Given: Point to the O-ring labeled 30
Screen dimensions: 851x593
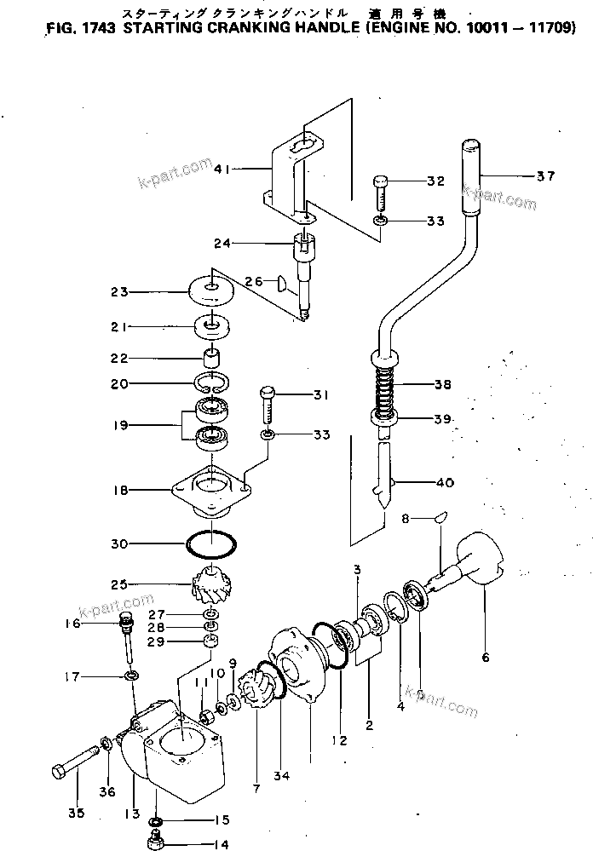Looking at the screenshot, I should pos(210,543).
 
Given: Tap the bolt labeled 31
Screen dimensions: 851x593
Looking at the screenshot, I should pos(268,405).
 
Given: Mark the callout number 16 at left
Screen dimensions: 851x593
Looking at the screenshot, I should pos(71,624).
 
